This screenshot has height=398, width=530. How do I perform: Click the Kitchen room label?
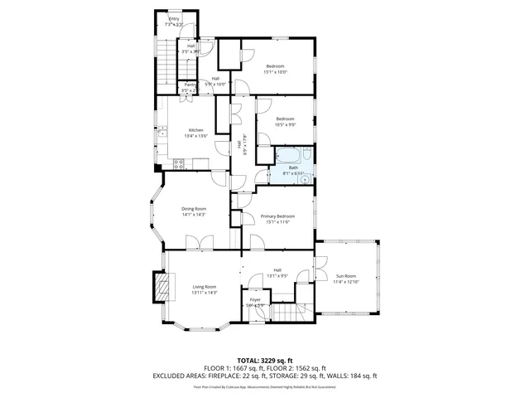click(x=195, y=130)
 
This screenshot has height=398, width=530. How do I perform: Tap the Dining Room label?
click(x=194, y=208)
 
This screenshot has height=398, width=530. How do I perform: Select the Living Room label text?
click(x=205, y=287)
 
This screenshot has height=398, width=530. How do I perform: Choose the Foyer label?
click(x=255, y=300)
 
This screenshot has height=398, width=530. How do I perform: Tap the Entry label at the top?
click(x=174, y=18)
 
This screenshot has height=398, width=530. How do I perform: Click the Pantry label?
click(x=189, y=85)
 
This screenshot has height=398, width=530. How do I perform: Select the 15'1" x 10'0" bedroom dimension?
click(x=275, y=72)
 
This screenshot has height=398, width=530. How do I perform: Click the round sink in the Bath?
click(x=303, y=175)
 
